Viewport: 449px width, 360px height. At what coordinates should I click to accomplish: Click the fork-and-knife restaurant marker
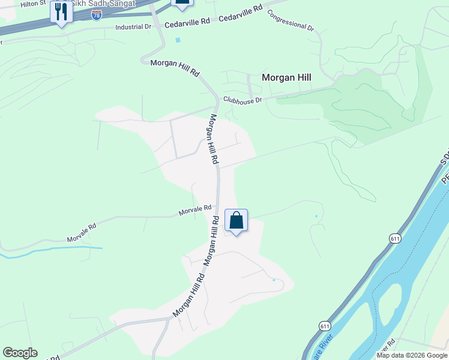click(x=61, y=12)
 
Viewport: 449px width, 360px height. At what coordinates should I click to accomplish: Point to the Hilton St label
click(x=33, y=4)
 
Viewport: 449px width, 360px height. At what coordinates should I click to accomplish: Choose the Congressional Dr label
click(x=291, y=20)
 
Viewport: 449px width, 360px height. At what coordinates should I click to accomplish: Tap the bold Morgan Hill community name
click(x=286, y=77)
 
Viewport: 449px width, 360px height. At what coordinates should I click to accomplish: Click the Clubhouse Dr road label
click(x=243, y=100)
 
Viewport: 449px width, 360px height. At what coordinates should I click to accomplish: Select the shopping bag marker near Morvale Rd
click(x=237, y=221)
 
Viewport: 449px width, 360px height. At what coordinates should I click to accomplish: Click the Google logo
click(x=20, y=353)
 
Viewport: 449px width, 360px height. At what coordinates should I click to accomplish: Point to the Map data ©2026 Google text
click(x=412, y=355)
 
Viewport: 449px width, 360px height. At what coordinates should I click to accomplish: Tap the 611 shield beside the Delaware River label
click(x=325, y=326)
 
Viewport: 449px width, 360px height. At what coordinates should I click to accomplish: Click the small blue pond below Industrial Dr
click(x=178, y=40)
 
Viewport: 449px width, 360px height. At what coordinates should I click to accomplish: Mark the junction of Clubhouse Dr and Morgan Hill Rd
click(x=218, y=101)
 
